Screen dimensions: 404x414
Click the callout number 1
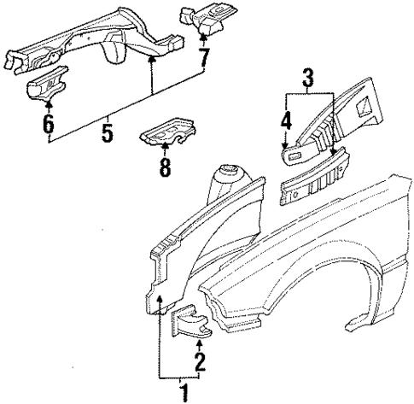coord(180,392)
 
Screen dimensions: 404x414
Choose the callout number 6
coord(48,126)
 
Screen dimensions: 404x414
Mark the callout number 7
coord(201,59)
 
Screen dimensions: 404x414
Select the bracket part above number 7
coord(201,19)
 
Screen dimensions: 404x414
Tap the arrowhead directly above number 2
coord(200,343)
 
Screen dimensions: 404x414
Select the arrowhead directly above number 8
coord(165,144)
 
